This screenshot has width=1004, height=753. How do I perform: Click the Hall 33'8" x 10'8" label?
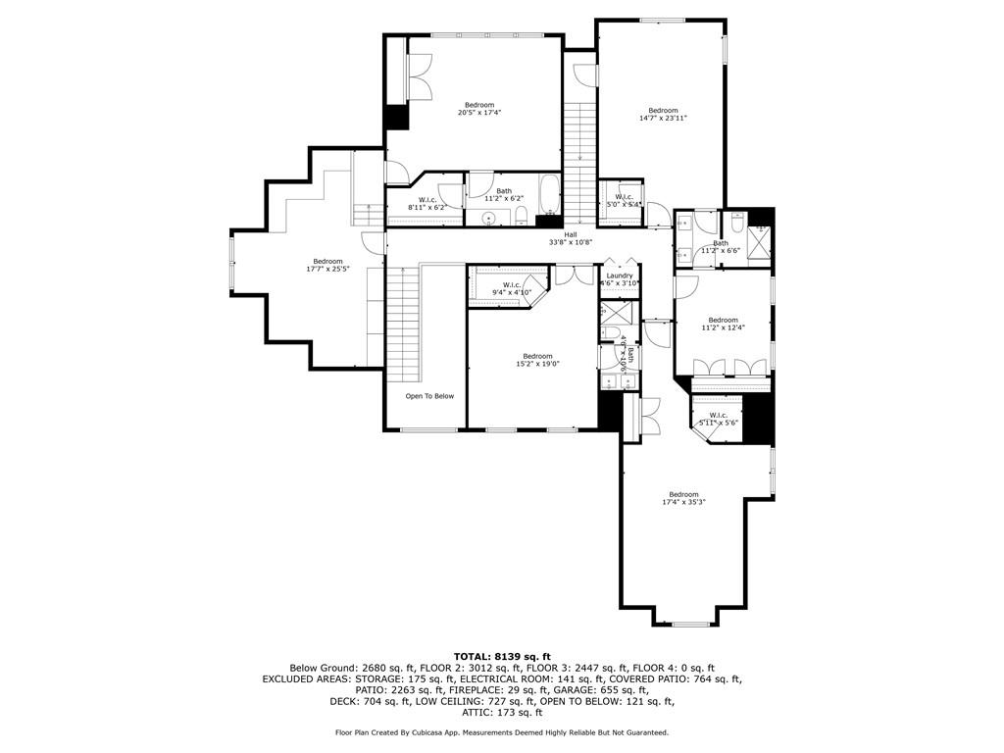point(570,238)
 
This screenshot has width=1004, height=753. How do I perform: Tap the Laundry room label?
point(619,279)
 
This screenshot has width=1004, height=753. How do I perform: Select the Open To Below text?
point(429,396)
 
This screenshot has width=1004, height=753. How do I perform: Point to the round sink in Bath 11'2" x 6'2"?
point(487,218)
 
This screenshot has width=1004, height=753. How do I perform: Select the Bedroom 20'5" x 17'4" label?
point(479,109)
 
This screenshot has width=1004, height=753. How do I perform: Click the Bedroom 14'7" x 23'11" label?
point(663,114)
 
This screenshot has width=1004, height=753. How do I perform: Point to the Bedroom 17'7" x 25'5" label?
point(327,265)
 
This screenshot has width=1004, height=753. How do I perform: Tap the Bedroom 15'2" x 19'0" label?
point(537,360)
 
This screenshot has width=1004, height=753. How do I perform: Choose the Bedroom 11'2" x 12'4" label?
point(723,324)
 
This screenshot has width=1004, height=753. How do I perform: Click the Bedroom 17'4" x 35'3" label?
point(683,498)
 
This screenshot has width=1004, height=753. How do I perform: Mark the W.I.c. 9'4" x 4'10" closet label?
point(511,288)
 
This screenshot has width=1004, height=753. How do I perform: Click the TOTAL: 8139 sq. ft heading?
point(502,656)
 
